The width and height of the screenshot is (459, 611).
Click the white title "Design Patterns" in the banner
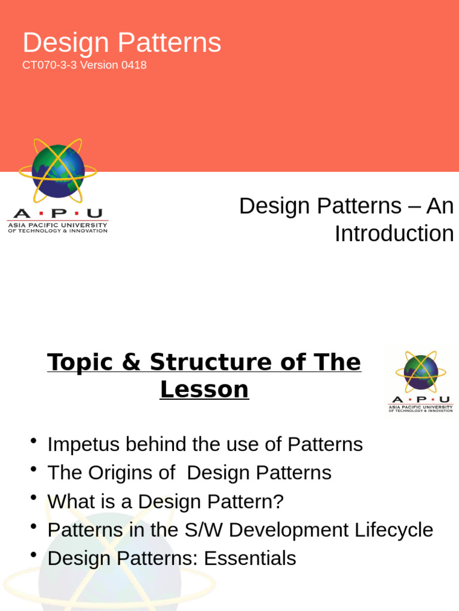(122, 43)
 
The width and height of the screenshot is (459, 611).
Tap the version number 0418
(134, 65)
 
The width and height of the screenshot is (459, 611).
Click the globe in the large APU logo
(58, 171)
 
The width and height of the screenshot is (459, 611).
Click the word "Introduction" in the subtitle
(394, 233)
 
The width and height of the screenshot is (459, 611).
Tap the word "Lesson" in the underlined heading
(204, 390)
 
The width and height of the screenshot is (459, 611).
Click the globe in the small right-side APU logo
(421, 372)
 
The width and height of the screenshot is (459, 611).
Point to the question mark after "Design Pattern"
(278, 502)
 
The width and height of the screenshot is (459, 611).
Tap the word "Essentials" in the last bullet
(250, 558)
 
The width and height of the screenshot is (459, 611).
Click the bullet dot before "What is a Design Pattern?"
(35, 498)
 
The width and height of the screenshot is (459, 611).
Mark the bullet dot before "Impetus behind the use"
(35, 440)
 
